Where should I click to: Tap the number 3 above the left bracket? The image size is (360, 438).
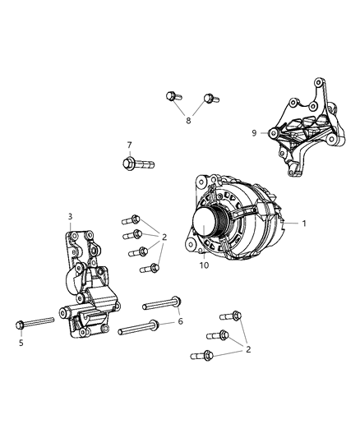[x=70, y=217]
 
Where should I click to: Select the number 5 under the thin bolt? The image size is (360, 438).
[x=21, y=343]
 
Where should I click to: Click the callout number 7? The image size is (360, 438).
[x=129, y=145]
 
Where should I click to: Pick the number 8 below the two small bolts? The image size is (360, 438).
[x=187, y=120]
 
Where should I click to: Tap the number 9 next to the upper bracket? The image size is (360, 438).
[x=255, y=131]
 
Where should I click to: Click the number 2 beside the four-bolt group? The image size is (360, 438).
[x=164, y=237]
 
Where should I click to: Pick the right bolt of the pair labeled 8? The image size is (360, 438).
[x=208, y=99]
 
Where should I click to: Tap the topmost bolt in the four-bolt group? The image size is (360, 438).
[x=128, y=220]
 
